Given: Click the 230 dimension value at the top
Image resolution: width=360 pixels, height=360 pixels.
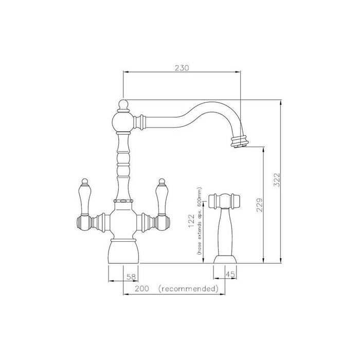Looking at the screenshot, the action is (182, 68).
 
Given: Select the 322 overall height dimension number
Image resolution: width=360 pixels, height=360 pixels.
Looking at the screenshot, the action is (277, 180).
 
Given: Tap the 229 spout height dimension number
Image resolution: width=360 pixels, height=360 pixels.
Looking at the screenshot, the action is (259, 205).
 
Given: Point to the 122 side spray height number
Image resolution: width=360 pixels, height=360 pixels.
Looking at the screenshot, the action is (191, 221).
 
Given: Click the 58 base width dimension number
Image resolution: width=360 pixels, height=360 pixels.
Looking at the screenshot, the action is (132, 277).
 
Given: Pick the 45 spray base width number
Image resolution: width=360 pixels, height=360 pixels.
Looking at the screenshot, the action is (230, 274).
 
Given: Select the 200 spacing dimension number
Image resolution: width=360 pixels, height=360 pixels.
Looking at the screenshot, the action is (141, 289).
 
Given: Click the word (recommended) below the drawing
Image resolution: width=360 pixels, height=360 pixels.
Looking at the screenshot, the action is (188, 289).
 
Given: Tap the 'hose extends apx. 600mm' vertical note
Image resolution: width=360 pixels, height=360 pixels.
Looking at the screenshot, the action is (199, 221).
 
